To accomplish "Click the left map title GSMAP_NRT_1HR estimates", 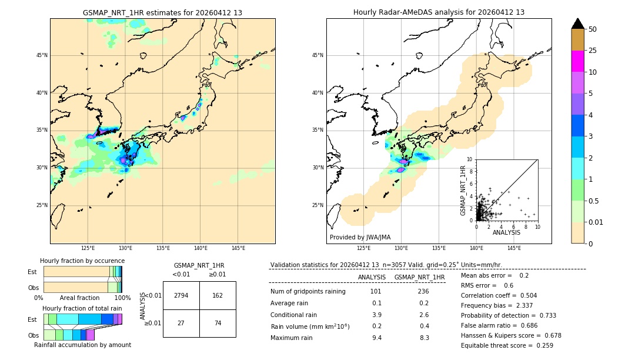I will coord(162,12).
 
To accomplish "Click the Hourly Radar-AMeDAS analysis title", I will coord(439,12).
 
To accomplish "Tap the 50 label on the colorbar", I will coord(593,29).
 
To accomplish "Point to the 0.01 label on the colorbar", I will coord(596,222).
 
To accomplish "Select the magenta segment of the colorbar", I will coord(577,61).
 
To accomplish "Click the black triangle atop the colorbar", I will coord(577,24).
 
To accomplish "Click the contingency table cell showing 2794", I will coord(181,295).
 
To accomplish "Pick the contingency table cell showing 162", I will coord(218,295).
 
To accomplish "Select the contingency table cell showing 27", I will coord(181,322).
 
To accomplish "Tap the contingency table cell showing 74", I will coord(218,322).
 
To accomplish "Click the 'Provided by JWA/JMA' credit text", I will coord(360,237).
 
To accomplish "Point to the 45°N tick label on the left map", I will coord(42,55).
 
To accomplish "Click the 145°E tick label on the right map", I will coord(514,248).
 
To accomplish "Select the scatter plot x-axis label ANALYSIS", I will coord(506,232).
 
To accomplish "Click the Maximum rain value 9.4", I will coord(376,338).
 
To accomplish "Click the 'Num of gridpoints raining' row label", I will coord(308,291).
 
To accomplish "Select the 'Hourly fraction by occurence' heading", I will coord(82,261).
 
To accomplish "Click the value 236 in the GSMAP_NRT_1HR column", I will coord(419,291).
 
